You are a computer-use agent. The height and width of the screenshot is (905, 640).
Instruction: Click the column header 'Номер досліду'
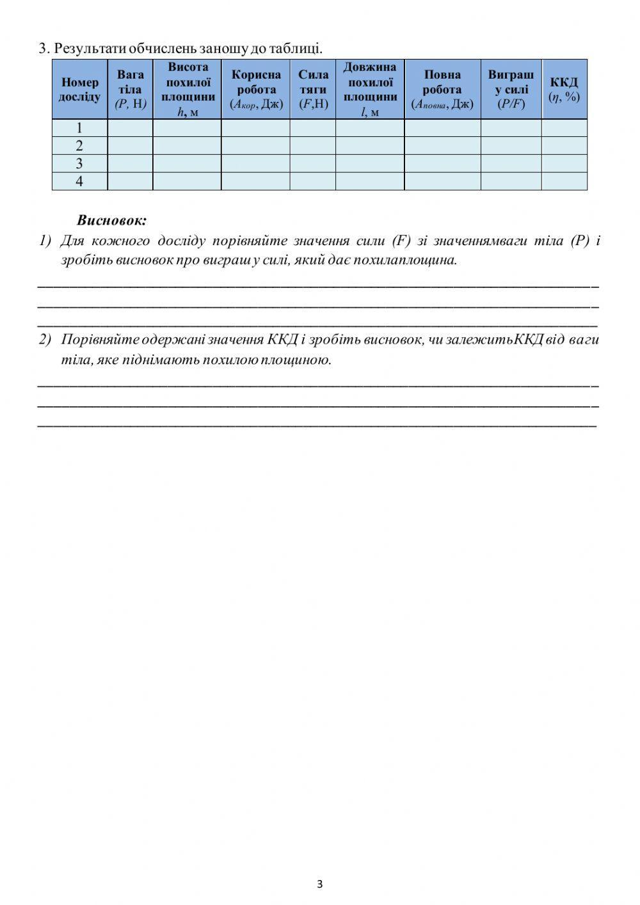pos(79,90)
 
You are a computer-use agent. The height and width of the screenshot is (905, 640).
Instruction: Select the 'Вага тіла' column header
pos(131,90)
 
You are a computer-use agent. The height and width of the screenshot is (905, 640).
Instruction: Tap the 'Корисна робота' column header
pos(256,90)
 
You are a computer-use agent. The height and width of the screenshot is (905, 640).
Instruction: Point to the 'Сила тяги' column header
pos(313,90)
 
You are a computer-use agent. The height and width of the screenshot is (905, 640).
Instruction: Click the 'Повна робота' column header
pos(442,90)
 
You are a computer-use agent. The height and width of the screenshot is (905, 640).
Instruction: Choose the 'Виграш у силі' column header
pos(511,90)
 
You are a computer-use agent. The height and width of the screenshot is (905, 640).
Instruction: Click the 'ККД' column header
pos(564,90)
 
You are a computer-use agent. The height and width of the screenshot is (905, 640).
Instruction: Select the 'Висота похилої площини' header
pos(188,90)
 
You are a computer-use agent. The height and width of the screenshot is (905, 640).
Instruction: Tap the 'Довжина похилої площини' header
pos(370,90)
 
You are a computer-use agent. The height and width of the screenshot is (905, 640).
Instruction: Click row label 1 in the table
pos(79,128)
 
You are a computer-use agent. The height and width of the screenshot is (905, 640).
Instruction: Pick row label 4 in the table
pos(79,182)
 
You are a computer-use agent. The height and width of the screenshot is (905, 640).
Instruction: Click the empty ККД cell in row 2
pos(564,146)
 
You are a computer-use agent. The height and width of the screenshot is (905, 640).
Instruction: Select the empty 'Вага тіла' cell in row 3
pos(131,164)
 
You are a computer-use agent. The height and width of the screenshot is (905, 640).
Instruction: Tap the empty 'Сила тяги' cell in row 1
pos(313,128)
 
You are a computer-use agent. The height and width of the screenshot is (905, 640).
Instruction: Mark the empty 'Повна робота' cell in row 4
pos(442,182)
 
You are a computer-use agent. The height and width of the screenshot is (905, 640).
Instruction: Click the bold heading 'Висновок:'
pos(112,221)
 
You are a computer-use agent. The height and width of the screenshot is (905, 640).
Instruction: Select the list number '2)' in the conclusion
pos(45,340)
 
